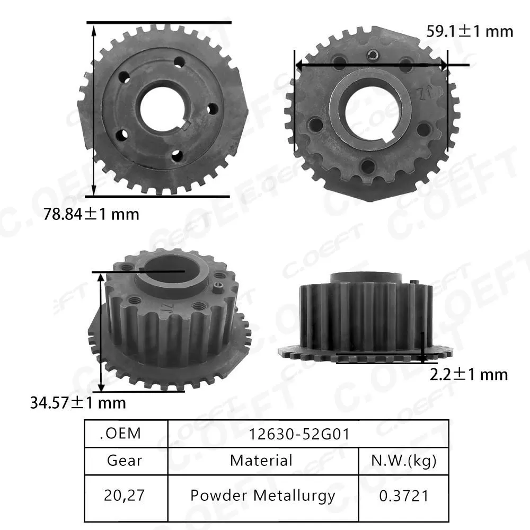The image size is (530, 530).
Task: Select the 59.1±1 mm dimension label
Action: (470, 31)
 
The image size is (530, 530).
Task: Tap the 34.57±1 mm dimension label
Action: (77, 402)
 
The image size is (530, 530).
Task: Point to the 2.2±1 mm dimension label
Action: (468, 374)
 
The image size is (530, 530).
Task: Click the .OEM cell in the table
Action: (120, 433)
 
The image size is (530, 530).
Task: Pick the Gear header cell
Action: (125, 460)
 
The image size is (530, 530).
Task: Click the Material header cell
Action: (261, 460)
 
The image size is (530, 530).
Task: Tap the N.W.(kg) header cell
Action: (404, 460)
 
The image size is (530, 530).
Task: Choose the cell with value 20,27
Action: (125, 496)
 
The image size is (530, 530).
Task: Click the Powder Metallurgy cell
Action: (262, 496)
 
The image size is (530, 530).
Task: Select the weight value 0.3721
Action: (404, 496)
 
